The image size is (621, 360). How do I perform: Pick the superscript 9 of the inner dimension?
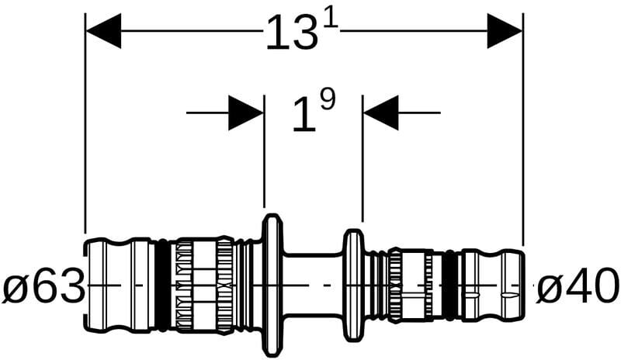pyautogui.click(x=327, y=101)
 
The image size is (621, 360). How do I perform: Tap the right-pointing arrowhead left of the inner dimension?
pyautogui.click(x=246, y=113)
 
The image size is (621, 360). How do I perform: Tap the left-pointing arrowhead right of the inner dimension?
pyautogui.click(x=380, y=113)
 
